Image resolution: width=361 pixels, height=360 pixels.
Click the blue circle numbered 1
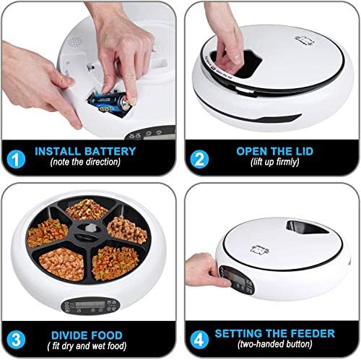coord(16,159)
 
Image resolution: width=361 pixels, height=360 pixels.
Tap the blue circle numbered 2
coord(199,159)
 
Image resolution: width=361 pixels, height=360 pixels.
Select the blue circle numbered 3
coord(16,340)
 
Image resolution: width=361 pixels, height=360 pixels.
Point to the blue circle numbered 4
coord(199,340)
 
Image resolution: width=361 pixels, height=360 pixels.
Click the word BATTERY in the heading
coord(110,151)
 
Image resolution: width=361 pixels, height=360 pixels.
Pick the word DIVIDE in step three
coord(69,335)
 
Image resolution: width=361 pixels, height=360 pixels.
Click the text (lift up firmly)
coord(275,162)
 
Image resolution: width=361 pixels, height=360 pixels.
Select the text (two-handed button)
coord(275,344)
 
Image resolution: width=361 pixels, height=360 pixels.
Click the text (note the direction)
coord(85,162)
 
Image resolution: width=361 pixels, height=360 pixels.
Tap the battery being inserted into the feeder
coord(109,102)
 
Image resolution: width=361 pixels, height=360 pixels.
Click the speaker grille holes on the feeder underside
coord(75,43)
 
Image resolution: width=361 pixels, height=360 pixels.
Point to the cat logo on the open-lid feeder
coord(305,40)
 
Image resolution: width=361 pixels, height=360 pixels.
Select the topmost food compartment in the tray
coord(87,210)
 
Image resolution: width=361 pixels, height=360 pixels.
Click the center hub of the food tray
coord(87,231)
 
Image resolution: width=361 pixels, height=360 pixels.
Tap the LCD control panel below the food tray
coord(90,306)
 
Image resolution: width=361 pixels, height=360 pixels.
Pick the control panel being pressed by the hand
coord(237,280)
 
